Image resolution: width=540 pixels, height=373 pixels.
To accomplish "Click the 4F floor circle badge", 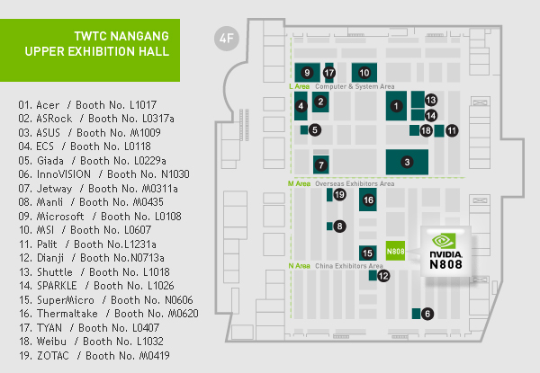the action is point(227,39).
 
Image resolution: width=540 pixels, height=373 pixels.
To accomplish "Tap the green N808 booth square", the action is point(395,251).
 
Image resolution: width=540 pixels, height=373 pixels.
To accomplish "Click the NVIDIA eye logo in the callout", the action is point(444,241).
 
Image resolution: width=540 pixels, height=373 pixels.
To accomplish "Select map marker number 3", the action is point(407,162).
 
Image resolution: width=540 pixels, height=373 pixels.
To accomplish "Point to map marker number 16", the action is point(368,200).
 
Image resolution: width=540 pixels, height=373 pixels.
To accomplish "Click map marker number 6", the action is point(427,314).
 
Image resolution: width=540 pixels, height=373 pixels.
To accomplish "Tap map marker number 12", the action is point(383,276).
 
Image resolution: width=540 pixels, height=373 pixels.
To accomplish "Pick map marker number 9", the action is point(307,73).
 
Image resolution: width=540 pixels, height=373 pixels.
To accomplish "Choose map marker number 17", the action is point(329,73).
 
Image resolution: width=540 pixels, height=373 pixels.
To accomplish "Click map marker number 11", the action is point(452,130).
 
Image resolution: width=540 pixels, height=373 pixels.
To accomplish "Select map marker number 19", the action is point(339,194).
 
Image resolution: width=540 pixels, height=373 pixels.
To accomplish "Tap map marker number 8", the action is point(339,226).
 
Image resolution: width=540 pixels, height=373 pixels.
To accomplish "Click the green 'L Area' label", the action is point(300,86).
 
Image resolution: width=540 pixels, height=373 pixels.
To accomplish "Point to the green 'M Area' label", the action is point(299,183).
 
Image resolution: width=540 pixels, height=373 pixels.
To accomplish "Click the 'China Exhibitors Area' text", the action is point(349,266).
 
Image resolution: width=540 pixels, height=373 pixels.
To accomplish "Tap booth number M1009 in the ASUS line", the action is point(145,133).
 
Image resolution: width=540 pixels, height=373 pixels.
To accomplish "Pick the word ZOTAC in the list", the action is point(53,355).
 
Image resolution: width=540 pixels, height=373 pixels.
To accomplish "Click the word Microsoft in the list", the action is point(60,217).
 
